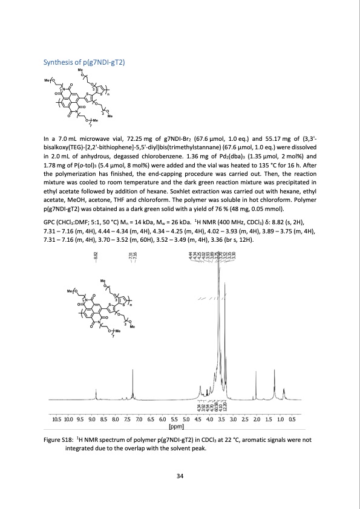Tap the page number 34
pyautogui.click(x=180, y=477)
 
